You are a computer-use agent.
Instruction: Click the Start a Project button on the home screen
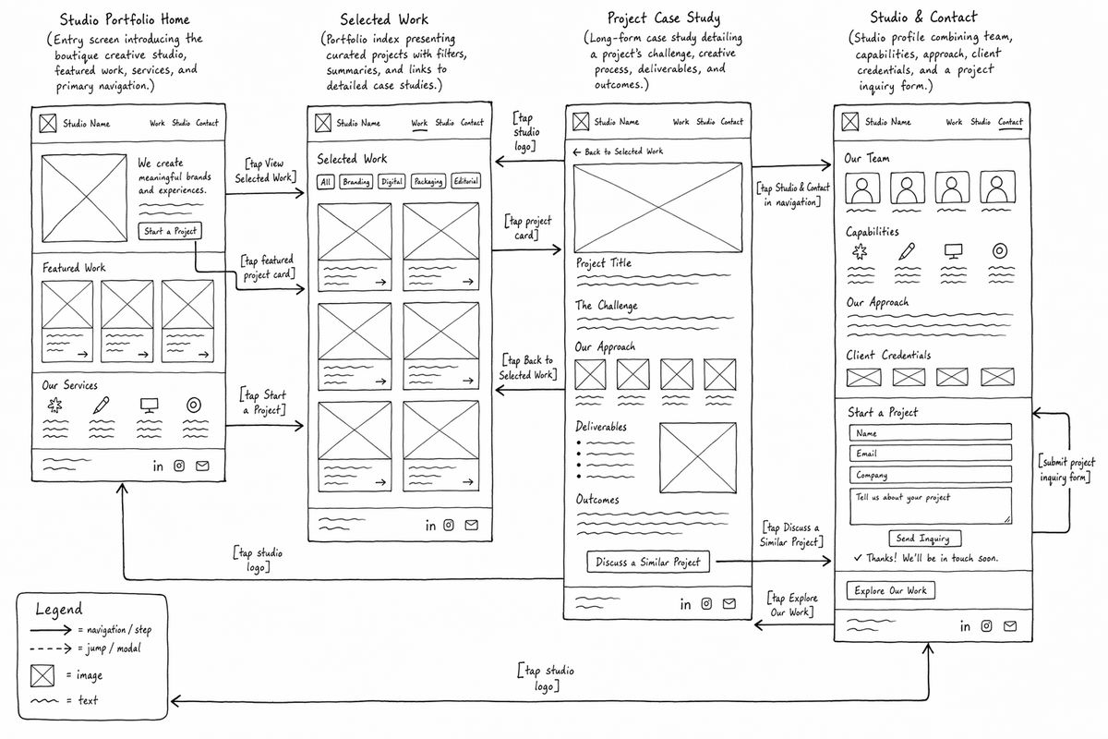170,231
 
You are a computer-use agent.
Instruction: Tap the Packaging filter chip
428,181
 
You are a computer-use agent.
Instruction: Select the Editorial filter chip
465,181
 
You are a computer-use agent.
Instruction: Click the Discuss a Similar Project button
648,562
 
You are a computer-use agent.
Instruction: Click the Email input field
931,453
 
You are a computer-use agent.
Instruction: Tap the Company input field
931,475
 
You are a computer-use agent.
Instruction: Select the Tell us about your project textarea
931,506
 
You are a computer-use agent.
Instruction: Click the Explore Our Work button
890,590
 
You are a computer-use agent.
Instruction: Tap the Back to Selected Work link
618,151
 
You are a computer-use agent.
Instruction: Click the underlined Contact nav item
1010,122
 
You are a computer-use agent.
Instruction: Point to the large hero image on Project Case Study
657,208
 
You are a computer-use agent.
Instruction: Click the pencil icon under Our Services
102,405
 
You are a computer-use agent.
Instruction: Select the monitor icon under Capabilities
953,251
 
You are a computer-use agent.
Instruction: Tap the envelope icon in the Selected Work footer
472,525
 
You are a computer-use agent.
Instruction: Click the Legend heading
59,610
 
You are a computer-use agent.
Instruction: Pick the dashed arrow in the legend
51,648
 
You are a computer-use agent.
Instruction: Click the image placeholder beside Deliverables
698,458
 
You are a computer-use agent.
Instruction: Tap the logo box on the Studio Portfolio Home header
48,123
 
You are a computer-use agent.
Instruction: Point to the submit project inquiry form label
1066,469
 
